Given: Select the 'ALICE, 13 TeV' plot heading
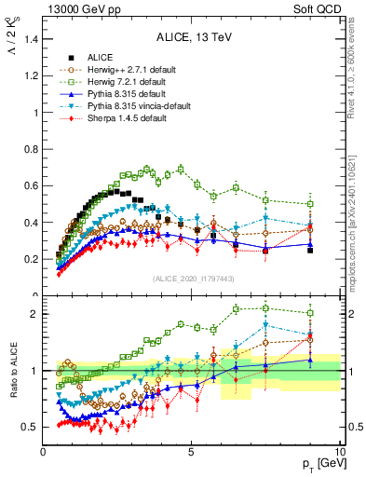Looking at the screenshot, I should (x=192, y=37).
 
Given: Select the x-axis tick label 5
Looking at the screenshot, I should (x=191, y=450).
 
